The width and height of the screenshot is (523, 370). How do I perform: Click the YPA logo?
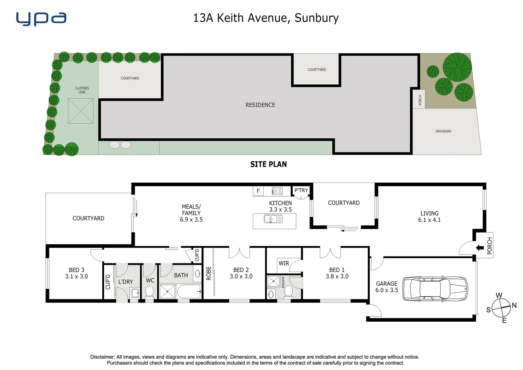[x=41, y=19]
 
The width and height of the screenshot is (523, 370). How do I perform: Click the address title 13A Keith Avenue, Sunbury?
[x=266, y=18]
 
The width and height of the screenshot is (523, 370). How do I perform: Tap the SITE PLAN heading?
[x=268, y=164]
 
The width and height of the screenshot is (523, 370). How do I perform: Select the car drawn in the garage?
[x=435, y=288]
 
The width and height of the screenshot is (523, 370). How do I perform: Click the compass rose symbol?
[x=501, y=308]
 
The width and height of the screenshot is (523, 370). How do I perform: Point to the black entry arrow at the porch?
[x=480, y=248]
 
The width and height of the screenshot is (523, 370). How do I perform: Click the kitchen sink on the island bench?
[x=273, y=219]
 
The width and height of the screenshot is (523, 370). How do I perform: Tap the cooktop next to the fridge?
[x=277, y=191]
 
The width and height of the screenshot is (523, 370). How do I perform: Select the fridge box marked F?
[x=258, y=191]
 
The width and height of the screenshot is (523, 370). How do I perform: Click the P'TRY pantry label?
[x=301, y=190]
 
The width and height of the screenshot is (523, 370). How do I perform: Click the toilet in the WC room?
[x=150, y=291]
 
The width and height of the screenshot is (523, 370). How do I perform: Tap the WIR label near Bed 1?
[x=284, y=263]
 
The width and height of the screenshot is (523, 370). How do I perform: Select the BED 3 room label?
[x=76, y=270]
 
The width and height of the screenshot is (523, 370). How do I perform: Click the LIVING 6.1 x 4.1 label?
[x=429, y=217]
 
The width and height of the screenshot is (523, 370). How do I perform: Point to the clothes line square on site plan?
[x=81, y=111]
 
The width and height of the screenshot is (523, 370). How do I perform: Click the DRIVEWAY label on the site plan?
[x=443, y=131]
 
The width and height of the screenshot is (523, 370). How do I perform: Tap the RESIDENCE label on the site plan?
[x=260, y=105]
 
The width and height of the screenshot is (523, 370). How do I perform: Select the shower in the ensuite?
[x=273, y=282]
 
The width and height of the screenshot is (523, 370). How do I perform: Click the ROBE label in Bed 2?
[x=209, y=273]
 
